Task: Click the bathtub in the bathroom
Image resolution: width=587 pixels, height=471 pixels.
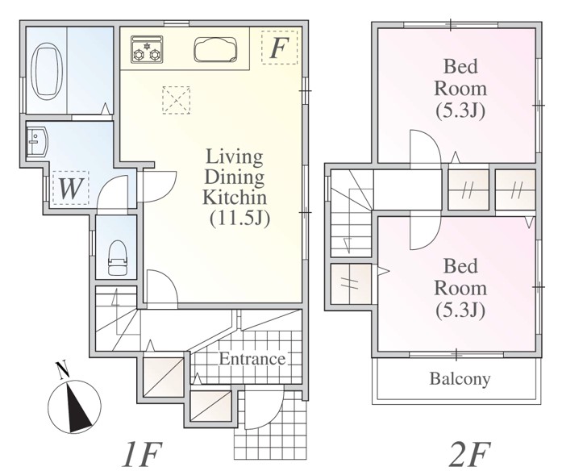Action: tap(47, 71)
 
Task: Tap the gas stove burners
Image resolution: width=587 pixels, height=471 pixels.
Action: tap(147, 49)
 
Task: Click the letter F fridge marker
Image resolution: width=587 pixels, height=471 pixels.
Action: tap(279, 48)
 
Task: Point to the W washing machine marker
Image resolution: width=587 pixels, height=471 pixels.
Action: tap(70, 189)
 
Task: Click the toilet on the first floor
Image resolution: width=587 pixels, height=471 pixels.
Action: tap(117, 258)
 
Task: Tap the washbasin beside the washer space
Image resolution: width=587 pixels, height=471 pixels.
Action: tap(37, 141)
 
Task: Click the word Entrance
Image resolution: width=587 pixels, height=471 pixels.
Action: tap(252, 359)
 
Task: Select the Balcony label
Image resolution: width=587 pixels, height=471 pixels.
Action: tap(460, 378)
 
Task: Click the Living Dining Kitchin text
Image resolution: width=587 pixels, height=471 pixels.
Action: tap(235, 177)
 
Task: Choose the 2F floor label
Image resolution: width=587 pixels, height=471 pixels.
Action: tap(469, 454)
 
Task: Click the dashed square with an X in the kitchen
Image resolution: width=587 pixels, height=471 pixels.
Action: tap(177, 100)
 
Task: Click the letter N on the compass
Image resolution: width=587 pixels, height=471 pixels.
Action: tap(62, 370)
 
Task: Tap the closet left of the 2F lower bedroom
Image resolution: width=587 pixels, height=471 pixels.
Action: tap(351, 283)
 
